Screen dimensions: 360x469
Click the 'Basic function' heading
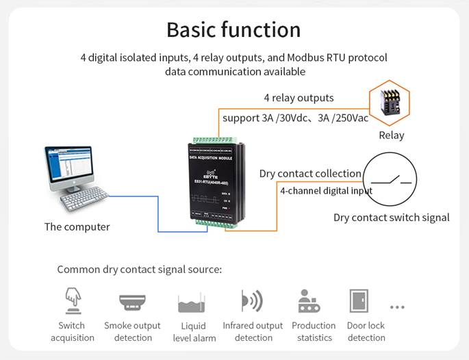(x=233, y=29)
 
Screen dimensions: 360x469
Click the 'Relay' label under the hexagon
(x=391, y=136)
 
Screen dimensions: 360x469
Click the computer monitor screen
(x=69, y=166)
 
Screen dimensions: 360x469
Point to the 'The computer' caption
(x=77, y=227)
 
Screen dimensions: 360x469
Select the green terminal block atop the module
(x=216, y=140)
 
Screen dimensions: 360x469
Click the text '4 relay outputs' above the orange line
(x=299, y=98)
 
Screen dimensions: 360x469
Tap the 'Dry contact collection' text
(x=309, y=173)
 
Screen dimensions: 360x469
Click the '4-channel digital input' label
(x=326, y=191)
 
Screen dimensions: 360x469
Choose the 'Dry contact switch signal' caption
(x=391, y=218)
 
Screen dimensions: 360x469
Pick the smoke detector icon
(x=132, y=302)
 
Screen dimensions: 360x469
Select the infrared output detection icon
(x=252, y=301)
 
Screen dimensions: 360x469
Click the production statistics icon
(x=309, y=301)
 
